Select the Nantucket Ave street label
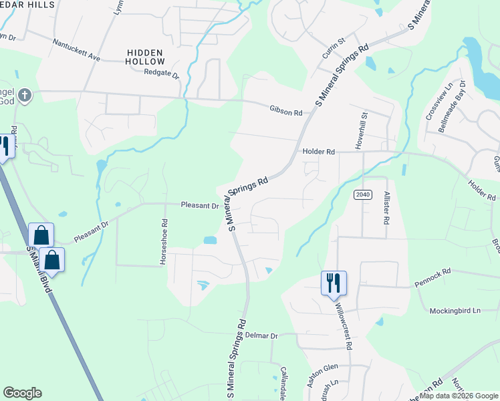point(76,49)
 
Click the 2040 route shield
point(362,194)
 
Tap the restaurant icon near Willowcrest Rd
point(332,283)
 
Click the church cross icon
point(24,95)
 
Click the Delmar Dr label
point(261,335)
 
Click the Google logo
point(22,393)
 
